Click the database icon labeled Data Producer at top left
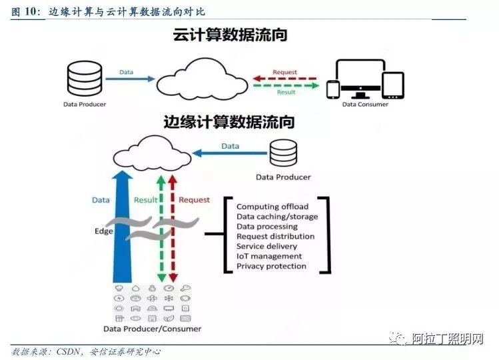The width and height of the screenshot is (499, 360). click(x=85, y=79)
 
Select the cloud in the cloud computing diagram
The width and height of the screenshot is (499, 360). click(x=203, y=79)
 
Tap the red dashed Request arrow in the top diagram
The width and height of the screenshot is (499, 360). click(x=285, y=79)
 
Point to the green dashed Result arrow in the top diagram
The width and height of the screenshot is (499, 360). click(x=286, y=85)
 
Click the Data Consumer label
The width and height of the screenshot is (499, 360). click(x=365, y=104)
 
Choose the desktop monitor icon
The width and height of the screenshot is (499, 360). click(x=360, y=79)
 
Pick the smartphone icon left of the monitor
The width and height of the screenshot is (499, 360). click(x=333, y=89)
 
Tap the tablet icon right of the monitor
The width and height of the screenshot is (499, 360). click(x=393, y=85)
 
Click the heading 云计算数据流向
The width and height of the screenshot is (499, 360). click(x=230, y=35)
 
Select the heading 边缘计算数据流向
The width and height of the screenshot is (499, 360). click(x=229, y=122)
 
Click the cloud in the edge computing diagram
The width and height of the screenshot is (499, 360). click(x=152, y=153)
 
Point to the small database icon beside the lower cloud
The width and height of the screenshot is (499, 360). click(x=283, y=153)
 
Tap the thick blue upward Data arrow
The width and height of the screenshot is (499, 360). click(x=123, y=227)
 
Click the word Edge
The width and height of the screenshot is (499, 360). click(x=104, y=231)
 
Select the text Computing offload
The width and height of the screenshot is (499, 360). click(x=272, y=207)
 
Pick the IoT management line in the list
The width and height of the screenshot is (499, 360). click(x=269, y=256)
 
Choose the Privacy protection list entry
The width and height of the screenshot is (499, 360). click(x=271, y=266)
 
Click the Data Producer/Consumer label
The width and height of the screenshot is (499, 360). click(x=152, y=329)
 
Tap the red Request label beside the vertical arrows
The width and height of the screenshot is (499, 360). click(x=194, y=200)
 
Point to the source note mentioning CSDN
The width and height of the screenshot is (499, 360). click(x=86, y=352)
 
